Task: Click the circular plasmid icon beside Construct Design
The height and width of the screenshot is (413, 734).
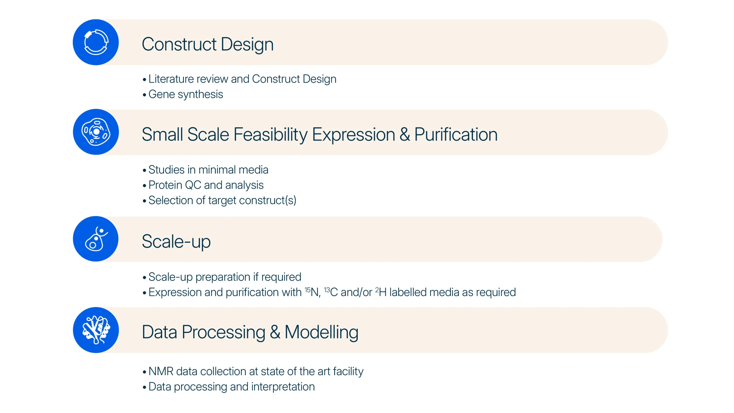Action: click(96, 42)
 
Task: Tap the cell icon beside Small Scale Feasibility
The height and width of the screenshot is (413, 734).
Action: click(96, 132)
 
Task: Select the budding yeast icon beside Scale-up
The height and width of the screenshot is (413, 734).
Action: click(96, 239)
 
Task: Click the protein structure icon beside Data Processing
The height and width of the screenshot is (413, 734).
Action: click(96, 330)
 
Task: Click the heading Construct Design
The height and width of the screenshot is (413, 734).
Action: click(208, 44)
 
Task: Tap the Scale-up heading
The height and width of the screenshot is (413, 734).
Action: click(176, 241)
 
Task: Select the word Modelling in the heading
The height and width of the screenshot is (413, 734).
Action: click(321, 332)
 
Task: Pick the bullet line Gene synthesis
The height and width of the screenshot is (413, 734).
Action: click(186, 94)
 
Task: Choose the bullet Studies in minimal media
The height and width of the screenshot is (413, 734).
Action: click(208, 170)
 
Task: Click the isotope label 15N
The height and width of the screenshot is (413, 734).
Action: click(312, 292)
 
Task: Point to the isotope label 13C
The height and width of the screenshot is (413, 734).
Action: click(331, 292)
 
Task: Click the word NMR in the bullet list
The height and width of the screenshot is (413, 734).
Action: click(161, 371)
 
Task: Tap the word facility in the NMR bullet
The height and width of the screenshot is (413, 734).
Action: click(348, 371)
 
